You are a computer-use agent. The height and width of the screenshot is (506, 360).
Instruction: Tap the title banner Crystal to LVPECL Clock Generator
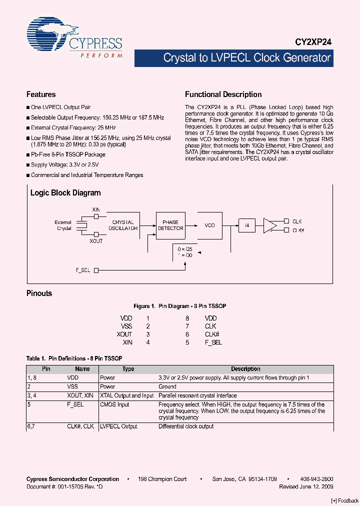pyautogui.click(x=247, y=58)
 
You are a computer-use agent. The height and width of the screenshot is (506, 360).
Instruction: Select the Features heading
pyautogui.click(x=41, y=94)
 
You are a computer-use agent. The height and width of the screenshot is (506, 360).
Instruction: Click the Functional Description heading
pyautogui.click(x=223, y=94)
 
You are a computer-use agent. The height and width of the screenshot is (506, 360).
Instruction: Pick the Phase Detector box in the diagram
pyautogui.click(x=170, y=225)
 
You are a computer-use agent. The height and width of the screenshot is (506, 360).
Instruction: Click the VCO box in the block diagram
pyautogui.click(x=209, y=225)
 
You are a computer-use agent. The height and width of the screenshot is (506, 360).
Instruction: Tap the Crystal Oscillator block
pyautogui.click(x=123, y=225)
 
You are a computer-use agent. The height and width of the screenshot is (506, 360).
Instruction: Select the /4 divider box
pyautogui.click(x=246, y=225)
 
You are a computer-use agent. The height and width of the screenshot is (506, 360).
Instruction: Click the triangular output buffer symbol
pyautogui.click(x=270, y=225)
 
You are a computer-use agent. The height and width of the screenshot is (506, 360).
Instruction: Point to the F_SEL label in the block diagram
pyautogui.click(x=83, y=270)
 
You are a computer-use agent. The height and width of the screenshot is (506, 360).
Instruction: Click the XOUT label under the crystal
pyautogui.click(x=96, y=241)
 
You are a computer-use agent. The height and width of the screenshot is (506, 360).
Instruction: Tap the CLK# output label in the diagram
pyautogui.click(x=298, y=230)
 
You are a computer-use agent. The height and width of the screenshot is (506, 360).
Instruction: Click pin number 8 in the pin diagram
pyautogui.click(x=187, y=318)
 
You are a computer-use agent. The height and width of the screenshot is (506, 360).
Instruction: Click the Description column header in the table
pyautogui.click(x=245, y=369)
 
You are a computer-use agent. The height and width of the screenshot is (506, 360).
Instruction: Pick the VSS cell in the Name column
pyautogui.click(x=73, y=386)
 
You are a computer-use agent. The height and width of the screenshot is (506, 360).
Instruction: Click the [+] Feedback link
pyautogui.click(x=345, y=501)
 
